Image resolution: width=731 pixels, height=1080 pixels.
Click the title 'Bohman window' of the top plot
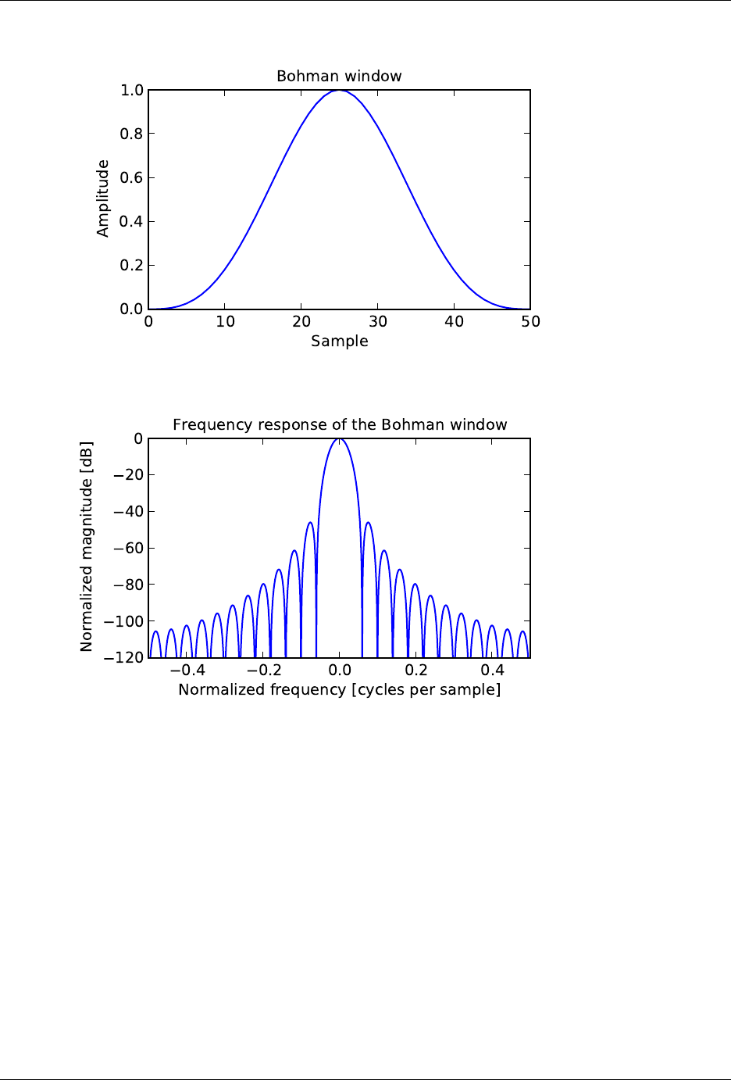tap(339, 77)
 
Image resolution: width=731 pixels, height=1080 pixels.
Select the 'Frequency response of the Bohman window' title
tap(340, 425)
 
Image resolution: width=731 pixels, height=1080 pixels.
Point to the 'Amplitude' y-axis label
tap(103, 198)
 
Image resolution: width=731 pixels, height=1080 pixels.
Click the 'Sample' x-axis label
tap(339, 342)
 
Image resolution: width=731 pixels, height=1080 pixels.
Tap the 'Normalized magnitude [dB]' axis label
tap(87, 547)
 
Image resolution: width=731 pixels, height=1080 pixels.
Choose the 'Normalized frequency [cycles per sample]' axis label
tap(339, 690)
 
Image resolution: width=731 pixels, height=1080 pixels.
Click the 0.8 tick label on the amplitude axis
tap(131, 134)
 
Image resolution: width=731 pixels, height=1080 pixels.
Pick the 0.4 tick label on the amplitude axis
tap(131, 222)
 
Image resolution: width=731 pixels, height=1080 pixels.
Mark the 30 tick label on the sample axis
tap(378, 322)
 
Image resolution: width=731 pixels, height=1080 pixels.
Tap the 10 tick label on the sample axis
tap(225, 322)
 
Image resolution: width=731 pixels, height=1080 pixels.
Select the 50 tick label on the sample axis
tap(531, 322)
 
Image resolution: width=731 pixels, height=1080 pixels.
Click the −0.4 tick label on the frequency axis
tap(187, 671)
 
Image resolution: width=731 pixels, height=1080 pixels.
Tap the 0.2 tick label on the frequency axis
tap(416, 671)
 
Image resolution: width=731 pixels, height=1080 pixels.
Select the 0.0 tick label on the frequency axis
tap(340, 671)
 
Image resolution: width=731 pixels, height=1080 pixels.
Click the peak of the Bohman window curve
tap(339, 91)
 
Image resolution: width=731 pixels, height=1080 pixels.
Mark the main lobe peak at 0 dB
tap(339, 439)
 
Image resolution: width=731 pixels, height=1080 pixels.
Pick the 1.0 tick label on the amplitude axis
tap(131, 91)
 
